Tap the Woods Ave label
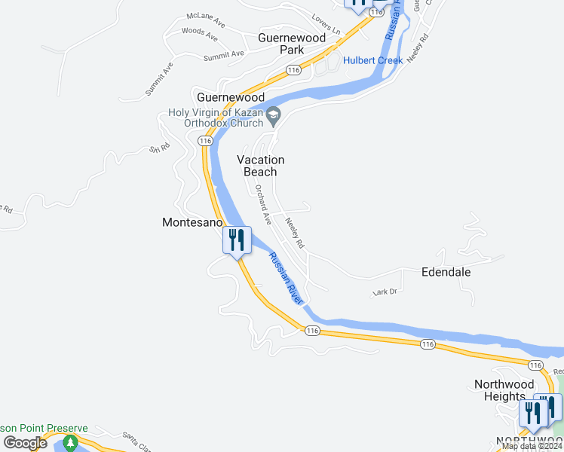200,33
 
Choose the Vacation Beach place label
261,166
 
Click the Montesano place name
193,223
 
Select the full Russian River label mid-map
287,277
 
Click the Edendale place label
446,271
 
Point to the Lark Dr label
385,292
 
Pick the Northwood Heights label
499,390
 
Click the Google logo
26,442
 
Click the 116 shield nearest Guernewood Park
293,70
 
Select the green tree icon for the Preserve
71,442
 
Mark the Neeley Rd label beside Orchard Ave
295,234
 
